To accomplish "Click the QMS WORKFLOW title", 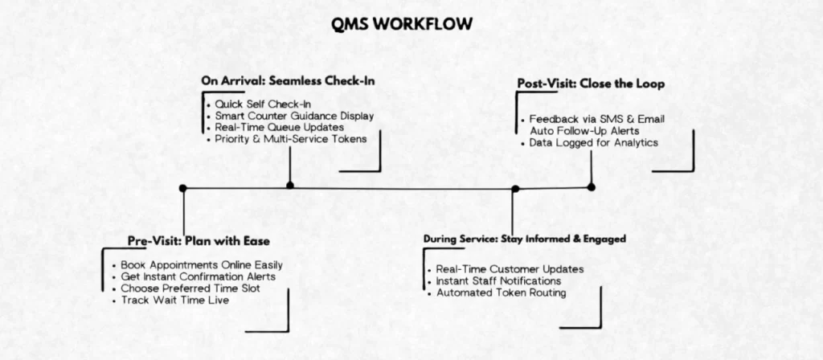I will [403, 24].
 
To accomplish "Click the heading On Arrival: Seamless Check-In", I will [289, 81].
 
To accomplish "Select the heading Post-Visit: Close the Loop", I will [592, 84].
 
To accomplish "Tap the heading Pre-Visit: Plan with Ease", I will [199, 241].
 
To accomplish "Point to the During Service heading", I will [525, 239].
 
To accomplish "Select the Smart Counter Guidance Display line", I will [293, 116].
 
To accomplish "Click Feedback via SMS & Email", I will [596, 119].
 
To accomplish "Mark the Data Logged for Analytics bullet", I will [593, 142].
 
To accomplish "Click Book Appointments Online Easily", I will [201, 264].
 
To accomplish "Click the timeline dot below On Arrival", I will [290, 185].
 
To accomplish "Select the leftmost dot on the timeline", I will [183, 188].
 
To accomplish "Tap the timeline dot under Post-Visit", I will [592, 186].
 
